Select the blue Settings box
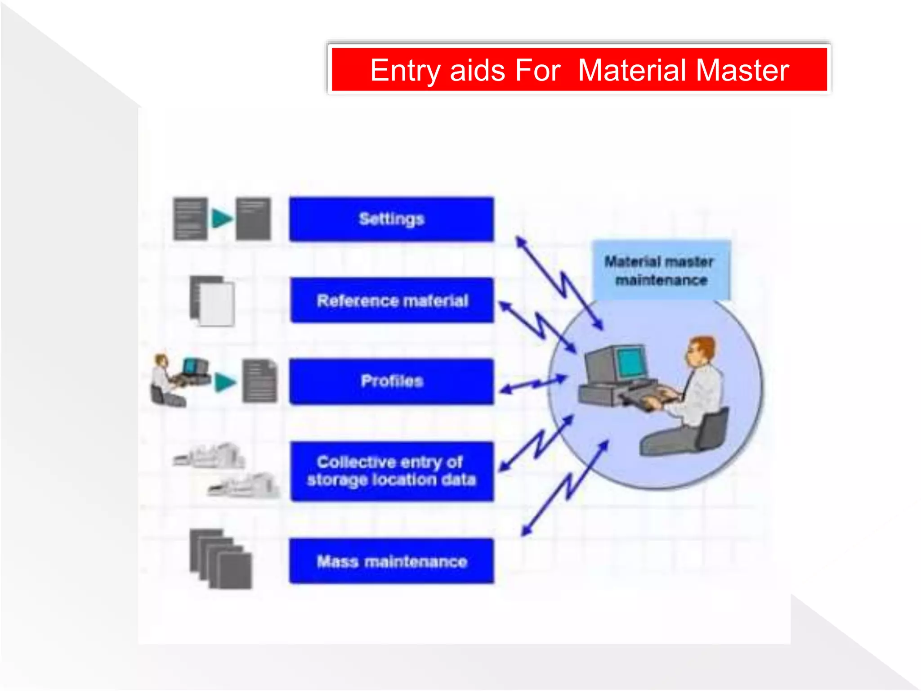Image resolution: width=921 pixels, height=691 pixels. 391,219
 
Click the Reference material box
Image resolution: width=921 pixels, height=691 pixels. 392,300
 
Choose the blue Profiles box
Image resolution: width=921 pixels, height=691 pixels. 391,381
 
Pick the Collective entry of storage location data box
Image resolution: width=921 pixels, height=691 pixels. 391,471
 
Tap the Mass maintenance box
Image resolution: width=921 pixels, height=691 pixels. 391,561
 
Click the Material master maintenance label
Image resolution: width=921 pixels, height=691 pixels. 660,270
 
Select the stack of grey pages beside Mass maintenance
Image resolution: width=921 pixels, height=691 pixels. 220,559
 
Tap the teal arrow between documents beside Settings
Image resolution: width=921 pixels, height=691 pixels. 222,219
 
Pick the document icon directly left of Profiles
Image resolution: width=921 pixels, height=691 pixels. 259,381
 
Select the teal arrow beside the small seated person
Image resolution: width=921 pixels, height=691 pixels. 225,382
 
